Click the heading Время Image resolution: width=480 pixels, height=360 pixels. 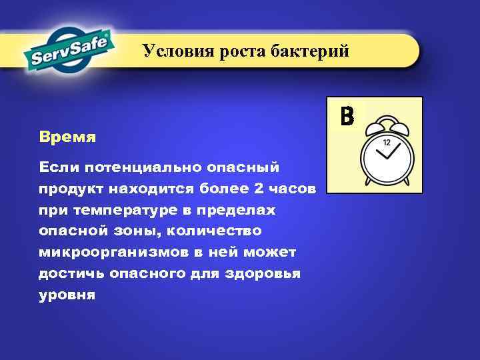[x=67, y=138]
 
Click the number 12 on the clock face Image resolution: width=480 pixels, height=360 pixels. [x=387, y=142]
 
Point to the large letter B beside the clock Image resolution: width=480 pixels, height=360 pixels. [x=347, y=116]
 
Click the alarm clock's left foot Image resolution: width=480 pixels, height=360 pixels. [x=368, y=182]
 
